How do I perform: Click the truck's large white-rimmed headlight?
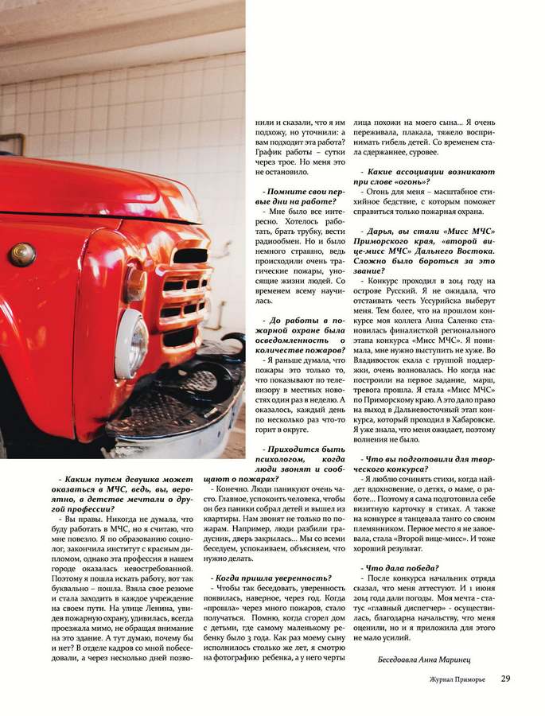coord(130,344)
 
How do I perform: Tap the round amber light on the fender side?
coord(21,254)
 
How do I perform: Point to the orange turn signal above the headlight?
coord(136,284)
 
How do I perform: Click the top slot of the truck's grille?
coord(189,255)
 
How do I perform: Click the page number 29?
coord(506,679)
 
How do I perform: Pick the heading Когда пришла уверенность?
coord(271,577)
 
